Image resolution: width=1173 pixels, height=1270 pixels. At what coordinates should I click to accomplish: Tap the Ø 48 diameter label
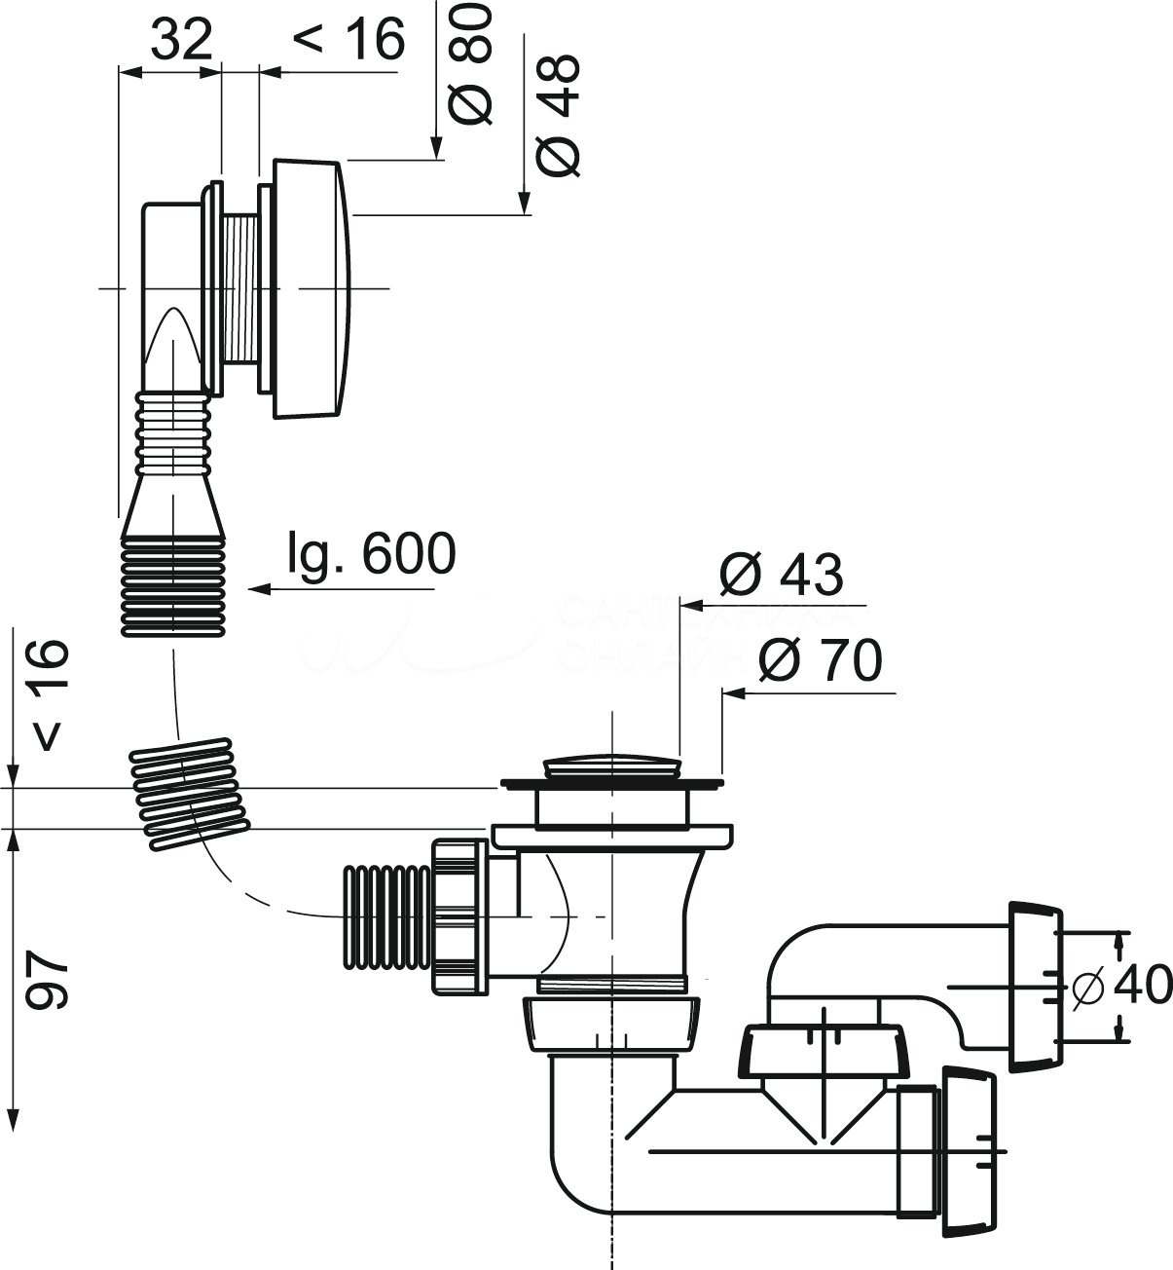click(x=561, y=115)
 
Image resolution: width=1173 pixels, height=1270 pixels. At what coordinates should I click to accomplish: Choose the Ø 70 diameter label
click(x=820, y=661)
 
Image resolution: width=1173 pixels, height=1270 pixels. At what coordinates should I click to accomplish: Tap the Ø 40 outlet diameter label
click(x=1119, y=987)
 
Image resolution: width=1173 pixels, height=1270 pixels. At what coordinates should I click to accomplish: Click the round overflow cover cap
click(x=310, y=289)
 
